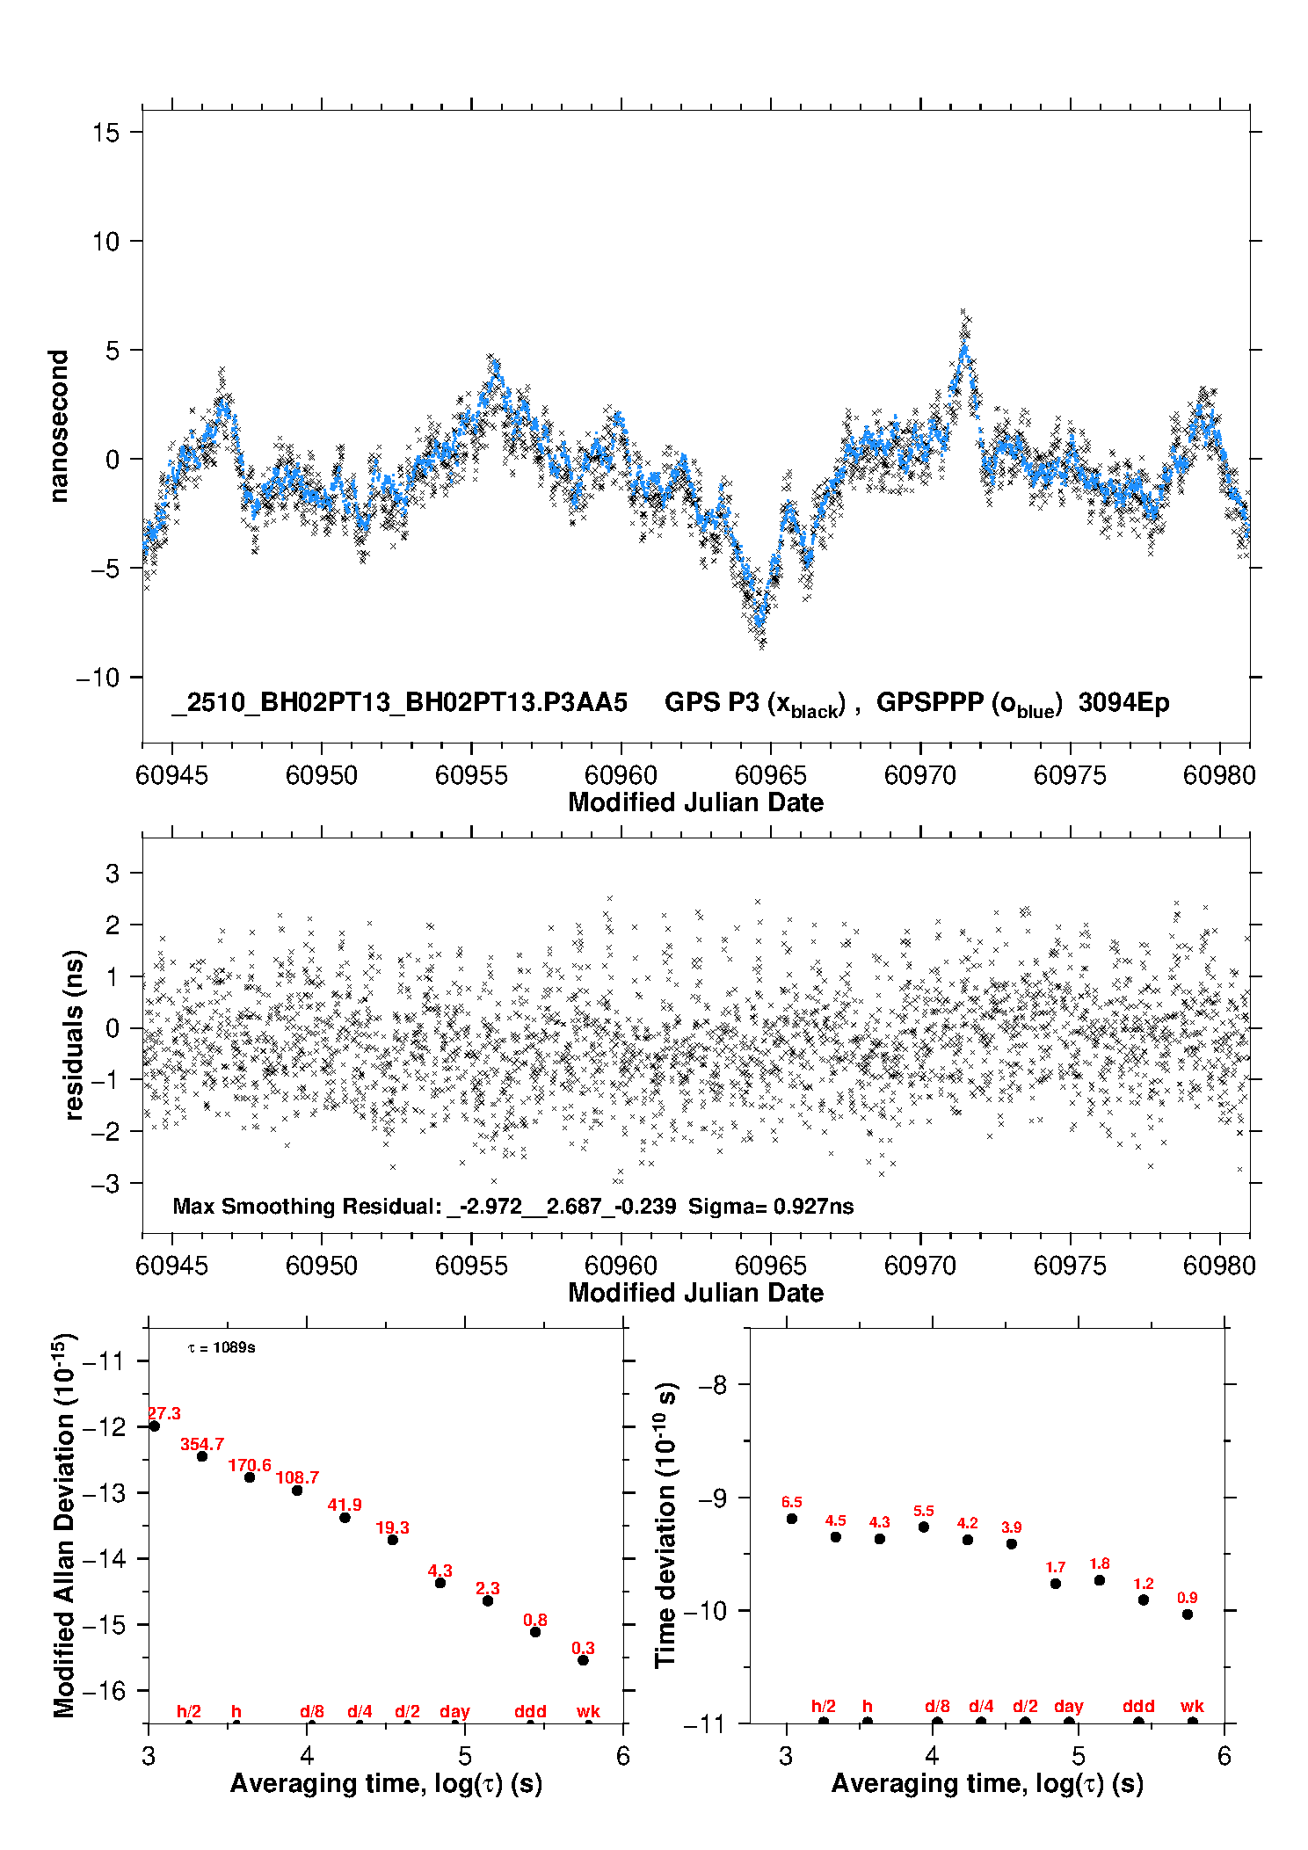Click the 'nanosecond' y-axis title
coord(58,426)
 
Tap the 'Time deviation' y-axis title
coord(665,1525)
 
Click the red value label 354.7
coord(202,1444)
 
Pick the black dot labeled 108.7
coord(297,1491)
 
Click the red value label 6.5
coord(791,1502)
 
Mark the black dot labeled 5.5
coord(924,1527)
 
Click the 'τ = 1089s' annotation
coord(222,1348)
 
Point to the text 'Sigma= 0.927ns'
coord(771,1206)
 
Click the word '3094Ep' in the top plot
coord(1123,703)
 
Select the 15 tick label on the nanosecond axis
coord(105,133)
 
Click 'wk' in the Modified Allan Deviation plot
coord(588,1711)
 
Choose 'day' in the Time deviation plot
coord(1068,1706)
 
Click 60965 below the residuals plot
coord(770,1266)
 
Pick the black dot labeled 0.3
coord(583,1660)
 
